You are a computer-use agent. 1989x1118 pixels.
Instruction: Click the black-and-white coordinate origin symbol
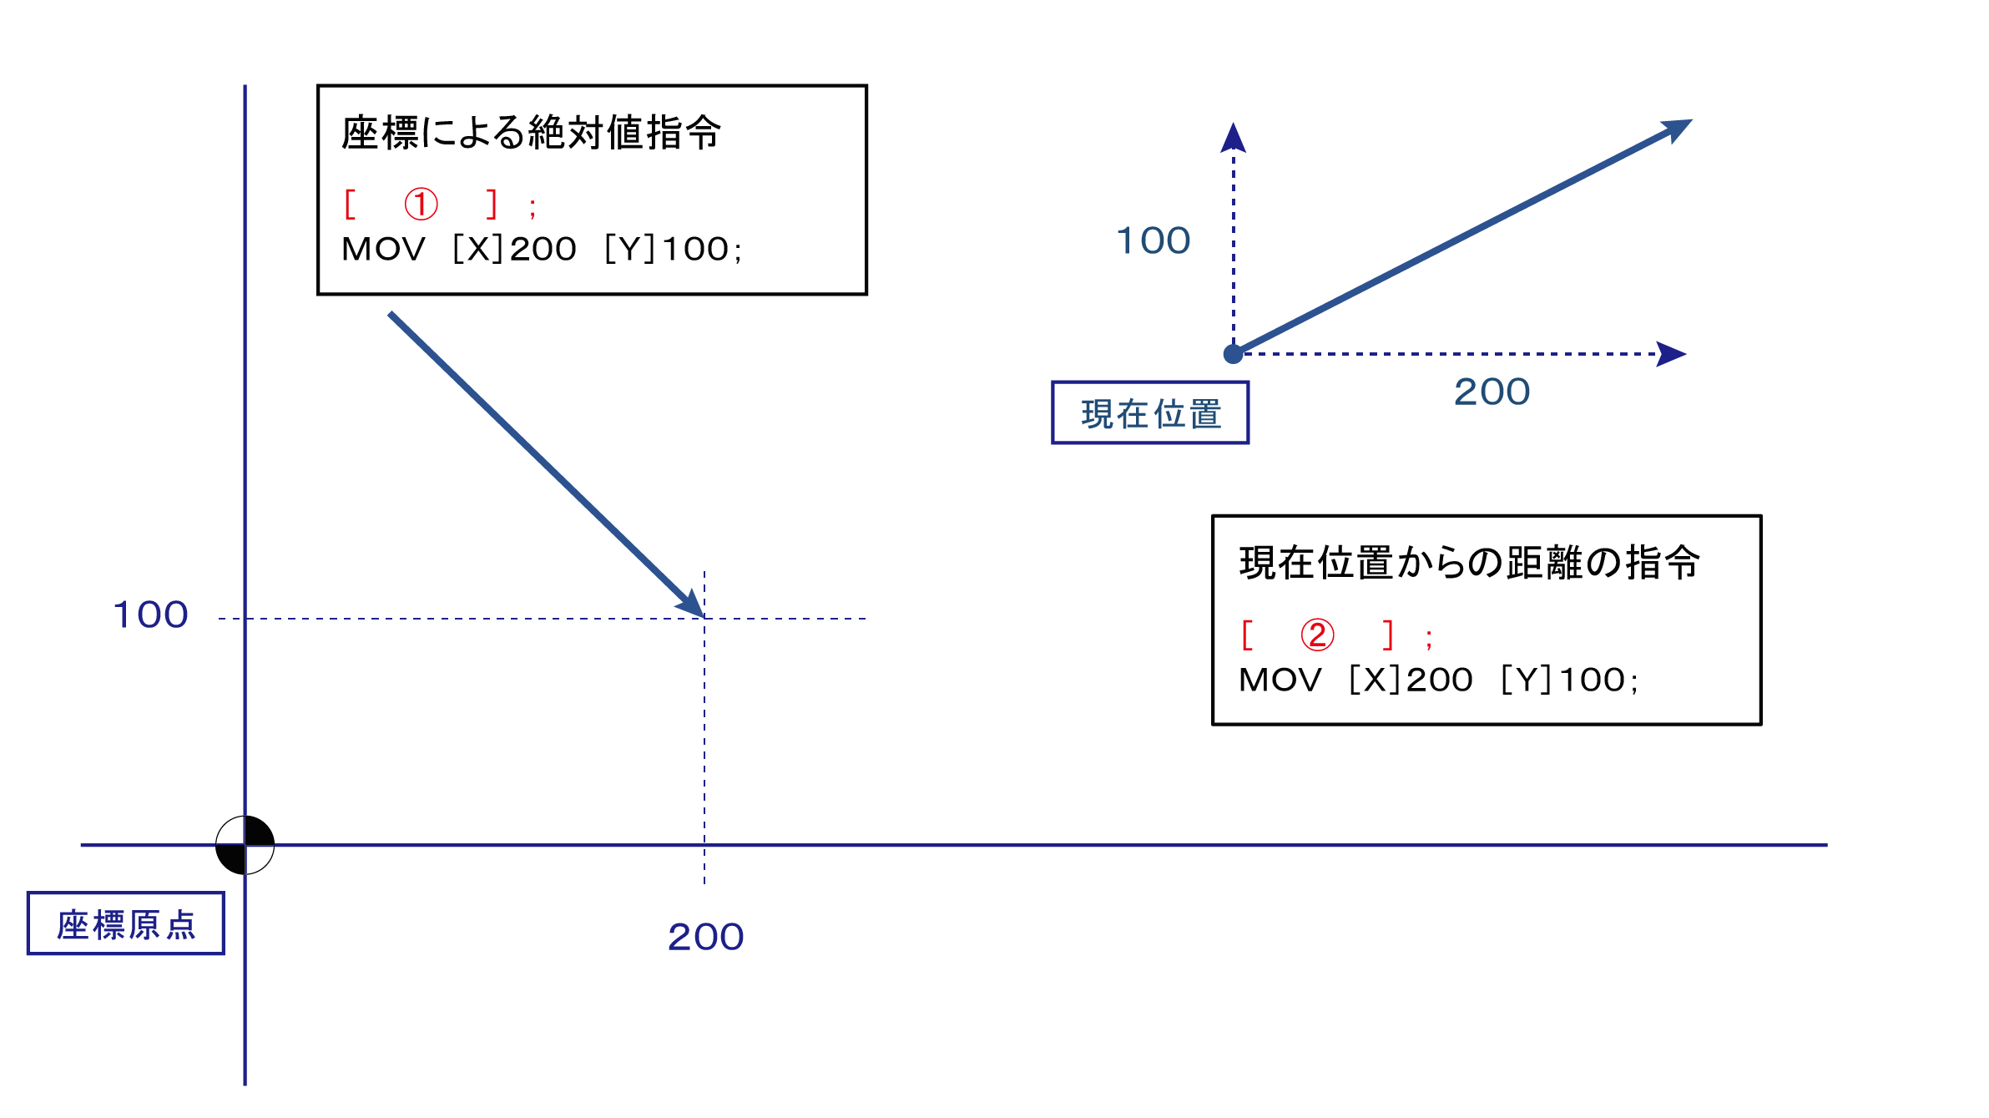click(245, 845)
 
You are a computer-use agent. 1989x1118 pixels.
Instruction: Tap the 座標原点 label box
click(126, 923)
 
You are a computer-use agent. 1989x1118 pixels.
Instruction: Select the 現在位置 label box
click(1150, 413)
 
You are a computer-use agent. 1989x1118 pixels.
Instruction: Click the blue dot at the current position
click(1233, 354)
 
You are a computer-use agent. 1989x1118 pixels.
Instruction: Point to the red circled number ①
click(421, 204)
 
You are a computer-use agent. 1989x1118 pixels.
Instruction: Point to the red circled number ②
click(1317, 635)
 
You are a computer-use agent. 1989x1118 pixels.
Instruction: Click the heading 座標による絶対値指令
click(531, 134)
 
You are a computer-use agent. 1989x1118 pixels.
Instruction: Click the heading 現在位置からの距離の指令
click(1469, 563)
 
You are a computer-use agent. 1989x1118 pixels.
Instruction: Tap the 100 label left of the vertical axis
click(151, 615)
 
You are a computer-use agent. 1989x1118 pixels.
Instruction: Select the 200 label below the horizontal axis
click(705, 937)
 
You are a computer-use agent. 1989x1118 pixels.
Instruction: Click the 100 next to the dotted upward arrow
click(1154, 241)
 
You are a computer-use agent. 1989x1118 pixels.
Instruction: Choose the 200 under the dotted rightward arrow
click(1492, 392)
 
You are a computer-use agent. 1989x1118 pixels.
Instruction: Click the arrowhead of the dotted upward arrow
click(1233, 138)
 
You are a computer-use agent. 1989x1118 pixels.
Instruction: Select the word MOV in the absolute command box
click(383, 250)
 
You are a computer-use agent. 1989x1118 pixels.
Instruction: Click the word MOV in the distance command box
click(1280, 680)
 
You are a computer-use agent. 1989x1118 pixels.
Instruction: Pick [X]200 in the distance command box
click(1410, 680)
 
